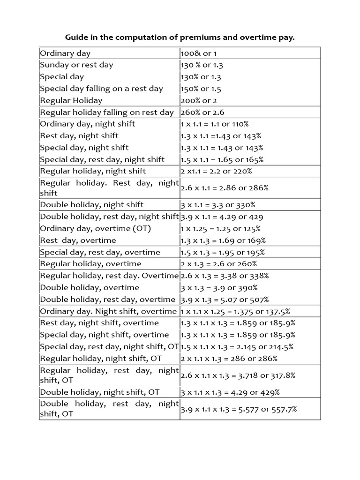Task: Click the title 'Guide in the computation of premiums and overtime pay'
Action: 180,37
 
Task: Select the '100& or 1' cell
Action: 199,53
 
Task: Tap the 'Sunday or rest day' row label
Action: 76,65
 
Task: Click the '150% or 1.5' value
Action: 201,89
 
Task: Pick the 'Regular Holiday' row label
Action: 71,100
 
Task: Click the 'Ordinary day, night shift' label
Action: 88,124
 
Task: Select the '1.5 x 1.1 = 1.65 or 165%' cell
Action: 222,159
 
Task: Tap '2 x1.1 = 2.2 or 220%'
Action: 216,171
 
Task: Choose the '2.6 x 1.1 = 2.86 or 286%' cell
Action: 225,187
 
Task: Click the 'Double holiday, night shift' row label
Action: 92,204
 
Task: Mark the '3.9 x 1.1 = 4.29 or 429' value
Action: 222,217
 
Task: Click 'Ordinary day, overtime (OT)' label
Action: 95,229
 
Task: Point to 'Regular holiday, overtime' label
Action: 90,264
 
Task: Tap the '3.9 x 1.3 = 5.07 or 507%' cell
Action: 225,300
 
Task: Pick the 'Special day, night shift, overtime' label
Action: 105,335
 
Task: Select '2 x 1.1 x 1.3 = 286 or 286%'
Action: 229,359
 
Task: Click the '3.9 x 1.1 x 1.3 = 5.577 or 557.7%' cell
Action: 239,409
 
